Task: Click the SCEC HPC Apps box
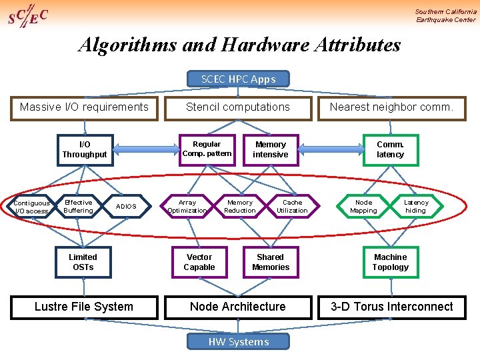pyautogui.click(x=238, y=79)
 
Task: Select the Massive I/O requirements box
pyautogui.click(x=84, y=107)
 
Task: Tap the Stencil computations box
pyautogui.click(x=238, y=107)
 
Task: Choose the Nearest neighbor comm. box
pyautogui.click(x=391, y=107)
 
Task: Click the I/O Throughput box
pyautogui.click(x=84, y=149)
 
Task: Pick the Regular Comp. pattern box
pyautogui.click(x=207, y=149)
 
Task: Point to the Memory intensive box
pyautogui.click(x=271, y=149)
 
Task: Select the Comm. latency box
pyautogui.click(x=391, y=149)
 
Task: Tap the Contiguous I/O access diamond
pyautogui.click(x=31, y=207)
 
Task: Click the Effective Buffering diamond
pyautogui.click(x=79, y=207)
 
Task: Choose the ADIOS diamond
pyautogui.click(x=126, y=207)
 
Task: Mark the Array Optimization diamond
pyautogui.click(x=187, y=207)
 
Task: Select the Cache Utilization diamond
pyautogui.click(x=292, y=207)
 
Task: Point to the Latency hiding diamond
pyautogui.click(x=417, y=207)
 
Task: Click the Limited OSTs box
pyautogui.click(x=83, y=262)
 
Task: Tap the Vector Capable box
pyautogui.click(x=199, y=262)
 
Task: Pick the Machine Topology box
pyautogui.click(x=391, y=262)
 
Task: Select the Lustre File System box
pyautogui.click(x=84, y=307)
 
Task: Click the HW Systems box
pyautogui.click(x=239, y=342)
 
